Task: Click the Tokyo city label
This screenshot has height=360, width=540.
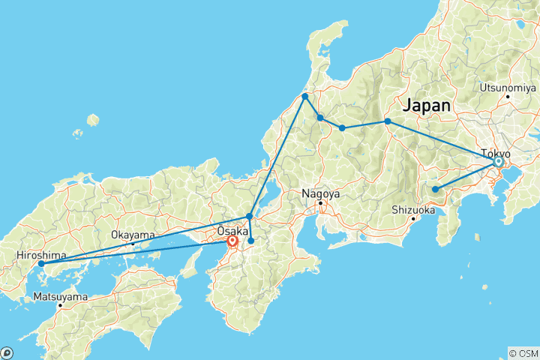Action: point(496,153)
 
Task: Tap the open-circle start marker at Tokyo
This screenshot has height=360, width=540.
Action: point(498,162)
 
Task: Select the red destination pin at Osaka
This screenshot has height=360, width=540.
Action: point(232,241)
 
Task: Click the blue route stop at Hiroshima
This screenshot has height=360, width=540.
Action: point(41,264)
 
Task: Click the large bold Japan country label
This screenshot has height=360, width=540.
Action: point(427,106)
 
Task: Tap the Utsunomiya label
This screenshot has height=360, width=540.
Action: point(505,87)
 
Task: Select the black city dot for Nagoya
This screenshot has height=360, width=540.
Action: point(320,202)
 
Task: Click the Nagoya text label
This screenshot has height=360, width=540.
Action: point(321,193)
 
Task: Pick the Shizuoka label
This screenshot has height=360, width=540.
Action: point(412,210)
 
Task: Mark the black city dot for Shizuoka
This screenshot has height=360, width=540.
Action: point(413,219)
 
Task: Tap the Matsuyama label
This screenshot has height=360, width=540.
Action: point(61,297)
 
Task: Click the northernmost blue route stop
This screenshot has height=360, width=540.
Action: point(305,97)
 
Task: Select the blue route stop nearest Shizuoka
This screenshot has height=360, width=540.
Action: point(435,189)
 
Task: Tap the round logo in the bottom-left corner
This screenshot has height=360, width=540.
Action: point(7,352)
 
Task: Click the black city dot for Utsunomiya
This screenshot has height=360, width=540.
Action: point(508,96)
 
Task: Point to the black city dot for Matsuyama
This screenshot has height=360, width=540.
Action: point(61,305)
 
